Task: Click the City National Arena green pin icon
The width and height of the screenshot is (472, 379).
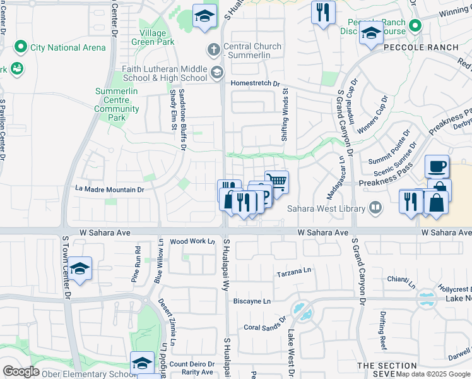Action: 20,47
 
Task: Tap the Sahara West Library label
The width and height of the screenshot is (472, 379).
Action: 326,208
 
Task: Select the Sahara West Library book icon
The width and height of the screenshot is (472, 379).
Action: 375,208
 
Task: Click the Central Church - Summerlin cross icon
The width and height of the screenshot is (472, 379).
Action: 214,49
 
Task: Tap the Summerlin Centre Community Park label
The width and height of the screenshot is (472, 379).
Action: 117,104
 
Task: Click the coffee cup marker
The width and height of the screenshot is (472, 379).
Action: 437,167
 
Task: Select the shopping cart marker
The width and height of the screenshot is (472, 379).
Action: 276,183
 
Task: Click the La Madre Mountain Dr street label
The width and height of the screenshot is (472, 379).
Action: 110,189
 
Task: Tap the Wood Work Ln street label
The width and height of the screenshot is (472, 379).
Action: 192,241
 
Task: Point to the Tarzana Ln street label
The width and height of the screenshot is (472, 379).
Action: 295,274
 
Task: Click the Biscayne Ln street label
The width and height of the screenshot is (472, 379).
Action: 252,301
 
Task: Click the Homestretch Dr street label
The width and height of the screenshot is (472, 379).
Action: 256,83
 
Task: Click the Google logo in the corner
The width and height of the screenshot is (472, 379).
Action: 21,371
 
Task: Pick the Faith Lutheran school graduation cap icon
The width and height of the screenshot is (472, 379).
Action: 217,73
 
